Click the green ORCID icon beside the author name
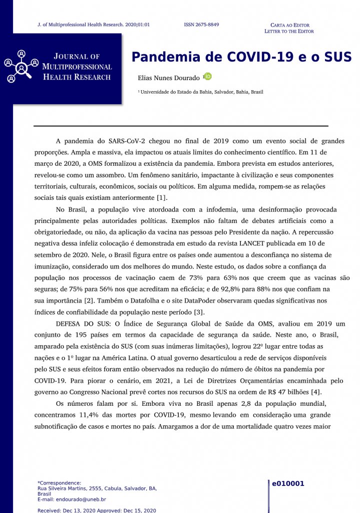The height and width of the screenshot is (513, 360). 207,77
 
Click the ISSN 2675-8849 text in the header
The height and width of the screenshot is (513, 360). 201,25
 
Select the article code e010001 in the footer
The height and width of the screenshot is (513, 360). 288,484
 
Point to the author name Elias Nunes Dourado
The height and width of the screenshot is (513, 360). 169,78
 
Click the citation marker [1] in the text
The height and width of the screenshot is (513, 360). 162,197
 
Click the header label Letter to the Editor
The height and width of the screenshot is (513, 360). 289,32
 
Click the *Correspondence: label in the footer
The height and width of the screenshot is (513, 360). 59,483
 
